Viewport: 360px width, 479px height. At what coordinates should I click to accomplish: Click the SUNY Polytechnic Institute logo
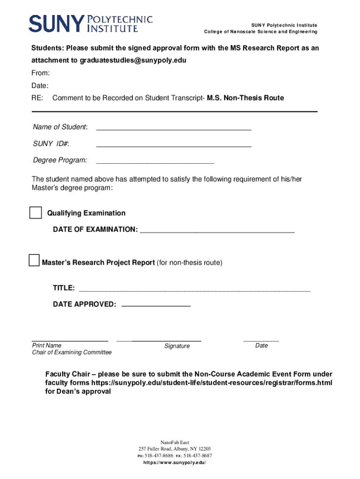click(x=91, y=23)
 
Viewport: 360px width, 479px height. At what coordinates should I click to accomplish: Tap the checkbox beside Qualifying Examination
click(x=36, y=212)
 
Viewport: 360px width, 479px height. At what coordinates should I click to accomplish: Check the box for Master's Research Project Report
click(x=34, y=261)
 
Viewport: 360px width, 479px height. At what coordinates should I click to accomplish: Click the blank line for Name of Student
click(x=173, y=129)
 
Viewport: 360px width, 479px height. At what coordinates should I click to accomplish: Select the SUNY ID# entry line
click(x=173, y=146)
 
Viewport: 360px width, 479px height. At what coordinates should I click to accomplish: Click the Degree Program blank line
click(x=155, y=163)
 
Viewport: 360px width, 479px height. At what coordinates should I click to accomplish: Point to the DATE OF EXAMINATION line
click(x=217, y=232)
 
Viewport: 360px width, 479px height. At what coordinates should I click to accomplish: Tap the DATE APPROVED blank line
click(x=156, y=305)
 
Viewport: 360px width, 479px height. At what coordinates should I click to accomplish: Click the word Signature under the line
click(x=177, y=346)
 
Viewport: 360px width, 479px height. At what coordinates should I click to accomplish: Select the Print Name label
click(x=46, y=346)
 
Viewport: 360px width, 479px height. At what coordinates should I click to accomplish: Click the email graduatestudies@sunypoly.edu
click(x=133, y=60)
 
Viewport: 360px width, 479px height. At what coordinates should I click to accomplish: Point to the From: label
click(x=41, y=73)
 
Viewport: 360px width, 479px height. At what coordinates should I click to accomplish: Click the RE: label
click(x=37, y=98)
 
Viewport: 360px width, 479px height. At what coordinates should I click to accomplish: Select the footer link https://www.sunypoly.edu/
click(x=174, y=462)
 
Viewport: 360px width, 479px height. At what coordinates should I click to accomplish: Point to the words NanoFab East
click(x=175, y=443)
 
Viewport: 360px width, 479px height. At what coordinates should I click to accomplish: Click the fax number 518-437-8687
click(x=198, y=456)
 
